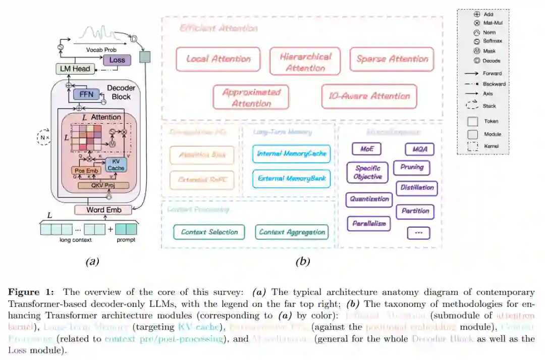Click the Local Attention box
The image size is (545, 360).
click(x=218, y=59)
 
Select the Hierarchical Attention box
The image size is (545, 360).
click(x=305, y=62)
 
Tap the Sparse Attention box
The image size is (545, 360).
click(x=392, y=59)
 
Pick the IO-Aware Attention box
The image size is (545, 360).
click(x=369, y=96)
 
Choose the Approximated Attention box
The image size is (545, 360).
click(x=251, y=97)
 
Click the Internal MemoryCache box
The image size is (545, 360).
click(x=292, y=153)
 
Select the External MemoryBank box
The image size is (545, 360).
click(x=292, y=178)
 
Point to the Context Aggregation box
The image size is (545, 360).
click(x=292, y=232)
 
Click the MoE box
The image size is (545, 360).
click(x=366, y=149)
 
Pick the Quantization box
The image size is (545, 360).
click(x=369, y=199)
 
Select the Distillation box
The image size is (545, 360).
click(x=417, y=188)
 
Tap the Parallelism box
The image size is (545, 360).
click(x=369, y=223)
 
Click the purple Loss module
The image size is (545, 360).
click(x=117, y=60)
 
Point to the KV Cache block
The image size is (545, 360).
click(x=116, y=165)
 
